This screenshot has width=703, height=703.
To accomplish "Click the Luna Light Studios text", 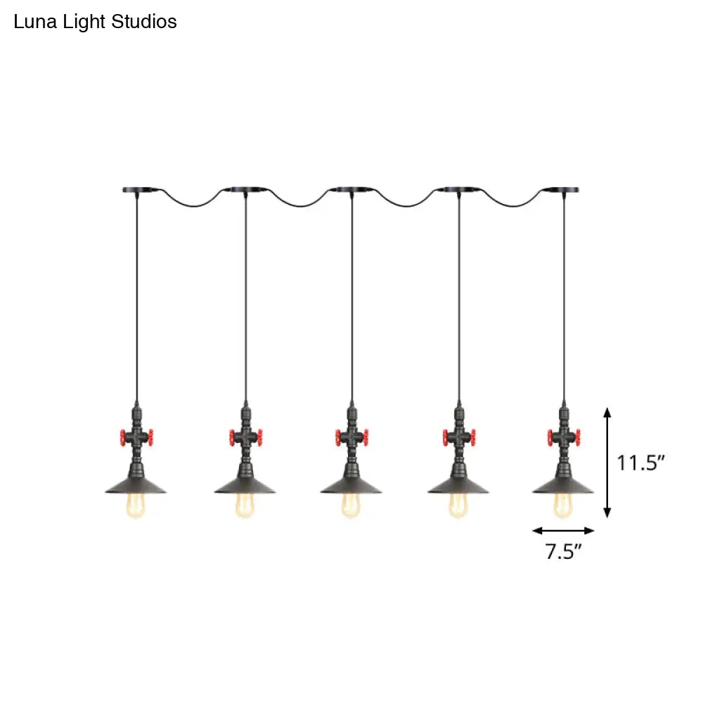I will click(96, 22).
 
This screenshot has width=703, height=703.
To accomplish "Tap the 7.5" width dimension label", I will click(564, 552).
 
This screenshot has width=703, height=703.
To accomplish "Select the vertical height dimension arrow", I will click(608, 462).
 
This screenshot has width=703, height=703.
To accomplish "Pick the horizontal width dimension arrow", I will click(564, 531).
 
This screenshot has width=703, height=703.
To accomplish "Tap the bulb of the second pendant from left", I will click(245, 506).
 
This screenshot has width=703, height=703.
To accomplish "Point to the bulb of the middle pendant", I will click(351, 506).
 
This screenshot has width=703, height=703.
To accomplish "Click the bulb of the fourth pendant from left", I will click(458, 506).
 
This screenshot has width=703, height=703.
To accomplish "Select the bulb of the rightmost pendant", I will click(563, 506).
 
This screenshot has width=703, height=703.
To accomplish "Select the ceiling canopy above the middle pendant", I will click(351, 190).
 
